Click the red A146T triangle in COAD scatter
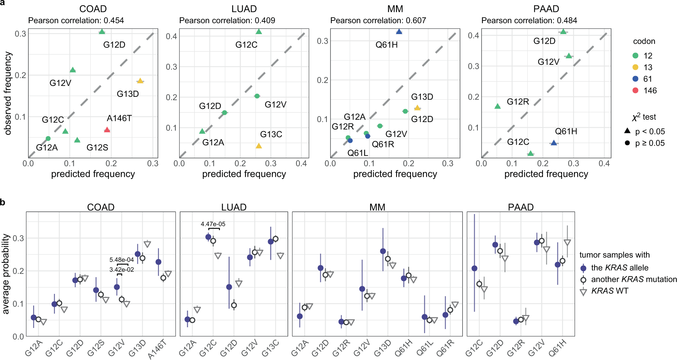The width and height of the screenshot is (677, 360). click(x=107, y=130)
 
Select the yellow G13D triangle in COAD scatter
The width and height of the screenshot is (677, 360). click(x=140, y=81)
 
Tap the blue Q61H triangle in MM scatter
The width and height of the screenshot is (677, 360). click(x=399, y=32)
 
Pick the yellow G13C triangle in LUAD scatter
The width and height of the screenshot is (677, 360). click(x=259, y=146)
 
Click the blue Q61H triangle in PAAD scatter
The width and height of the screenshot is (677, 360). click(x=554, y=143)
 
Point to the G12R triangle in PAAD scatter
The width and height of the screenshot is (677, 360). click(x=498, y=106)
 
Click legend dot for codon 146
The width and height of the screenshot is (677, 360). click(x=635, y=90)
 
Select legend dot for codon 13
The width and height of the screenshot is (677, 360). click(x=635, y=67)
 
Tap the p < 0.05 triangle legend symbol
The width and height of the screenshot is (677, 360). click(x=627, y=131)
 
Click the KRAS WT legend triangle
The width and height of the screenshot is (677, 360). click(x=584, y=292)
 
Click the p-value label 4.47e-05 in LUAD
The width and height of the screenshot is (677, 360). click(x=213, y=224)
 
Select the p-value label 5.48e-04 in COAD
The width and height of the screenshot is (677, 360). click(x=121, y=260)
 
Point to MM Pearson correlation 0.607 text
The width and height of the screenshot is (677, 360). click(x=378, y=20)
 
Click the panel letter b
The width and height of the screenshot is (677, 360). click(x=3, y=202)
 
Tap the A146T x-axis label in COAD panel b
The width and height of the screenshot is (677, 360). click(x=157, y=350)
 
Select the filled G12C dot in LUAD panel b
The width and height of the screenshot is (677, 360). click(x=208, y=237)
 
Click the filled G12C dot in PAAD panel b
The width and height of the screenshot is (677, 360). click(x=474, y=269)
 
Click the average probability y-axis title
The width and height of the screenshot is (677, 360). click(x=6, y=274)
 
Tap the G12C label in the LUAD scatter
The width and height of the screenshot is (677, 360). click(x=246, y=45)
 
